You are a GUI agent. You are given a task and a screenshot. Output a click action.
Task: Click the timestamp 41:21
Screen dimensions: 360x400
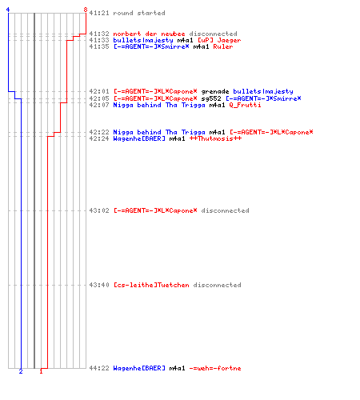point(99,13)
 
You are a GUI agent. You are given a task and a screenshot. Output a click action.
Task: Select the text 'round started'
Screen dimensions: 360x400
point(139,13)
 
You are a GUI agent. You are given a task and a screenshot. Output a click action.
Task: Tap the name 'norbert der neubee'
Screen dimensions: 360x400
point(149,34)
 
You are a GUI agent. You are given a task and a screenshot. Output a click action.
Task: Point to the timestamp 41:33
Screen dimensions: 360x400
point(99,40)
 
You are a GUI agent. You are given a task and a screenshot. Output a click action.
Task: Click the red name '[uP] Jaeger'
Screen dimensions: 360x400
point(219,40)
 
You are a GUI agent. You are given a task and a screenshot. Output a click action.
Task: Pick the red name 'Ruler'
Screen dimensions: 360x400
point(223,46)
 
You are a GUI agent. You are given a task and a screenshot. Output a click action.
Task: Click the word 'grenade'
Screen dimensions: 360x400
point(215,92)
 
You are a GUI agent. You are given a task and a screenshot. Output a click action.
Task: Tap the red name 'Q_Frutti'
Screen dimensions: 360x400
point(245,105)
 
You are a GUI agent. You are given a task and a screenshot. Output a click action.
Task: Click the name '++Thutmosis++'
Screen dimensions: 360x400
point(215,138)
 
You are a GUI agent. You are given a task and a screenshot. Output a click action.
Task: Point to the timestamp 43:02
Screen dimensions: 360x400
point(99,210)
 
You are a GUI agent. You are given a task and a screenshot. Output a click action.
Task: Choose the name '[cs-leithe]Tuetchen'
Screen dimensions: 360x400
point(151,285)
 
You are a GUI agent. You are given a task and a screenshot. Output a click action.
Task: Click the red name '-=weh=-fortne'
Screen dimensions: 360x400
point(215,368)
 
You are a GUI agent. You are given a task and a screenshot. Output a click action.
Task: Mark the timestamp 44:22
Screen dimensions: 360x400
point(99,368)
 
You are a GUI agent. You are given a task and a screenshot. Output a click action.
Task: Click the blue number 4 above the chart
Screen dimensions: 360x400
point(8,10)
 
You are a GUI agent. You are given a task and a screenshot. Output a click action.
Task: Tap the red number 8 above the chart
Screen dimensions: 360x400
point(86,10)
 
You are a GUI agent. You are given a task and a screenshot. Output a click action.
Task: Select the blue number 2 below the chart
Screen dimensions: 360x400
point(21,371)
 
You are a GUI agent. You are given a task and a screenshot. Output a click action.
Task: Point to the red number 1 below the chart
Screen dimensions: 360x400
point(41,371)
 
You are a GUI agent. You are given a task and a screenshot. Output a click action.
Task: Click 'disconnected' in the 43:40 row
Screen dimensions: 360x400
point(217,285)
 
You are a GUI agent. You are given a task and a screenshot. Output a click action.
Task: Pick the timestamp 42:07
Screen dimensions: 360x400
point(99,105)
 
